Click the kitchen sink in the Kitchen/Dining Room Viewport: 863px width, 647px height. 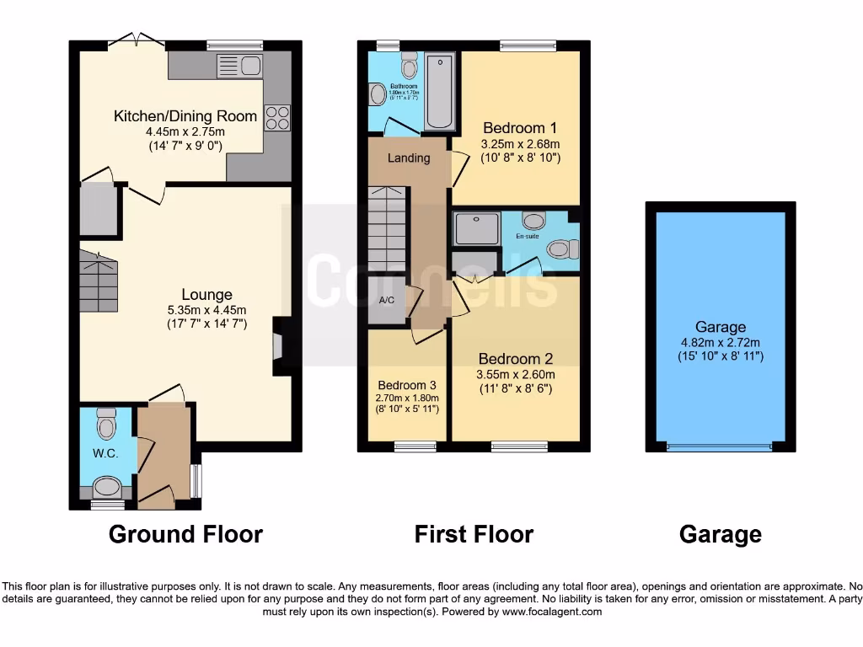coord(240,65)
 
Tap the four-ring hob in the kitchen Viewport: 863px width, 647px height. coord(278,117)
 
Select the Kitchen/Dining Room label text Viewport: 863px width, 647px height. coord(185,116)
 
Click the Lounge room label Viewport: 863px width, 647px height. coord(206,295)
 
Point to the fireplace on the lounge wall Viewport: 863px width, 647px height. coord(278,346)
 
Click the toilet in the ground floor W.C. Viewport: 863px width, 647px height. coord(105,424)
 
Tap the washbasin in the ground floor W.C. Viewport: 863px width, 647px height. coord(107,486)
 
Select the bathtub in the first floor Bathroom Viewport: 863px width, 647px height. coord(439,91)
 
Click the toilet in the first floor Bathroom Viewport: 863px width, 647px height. coord(410,65)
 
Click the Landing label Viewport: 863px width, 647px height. coord(409,158)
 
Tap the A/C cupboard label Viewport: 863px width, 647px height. coord(388,301)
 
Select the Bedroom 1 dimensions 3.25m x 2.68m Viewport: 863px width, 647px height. coord(520,144)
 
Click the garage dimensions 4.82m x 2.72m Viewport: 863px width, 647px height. coord(720,342)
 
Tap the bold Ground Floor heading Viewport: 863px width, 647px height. coord(185,534)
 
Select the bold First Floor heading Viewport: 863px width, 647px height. coord(474,534)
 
